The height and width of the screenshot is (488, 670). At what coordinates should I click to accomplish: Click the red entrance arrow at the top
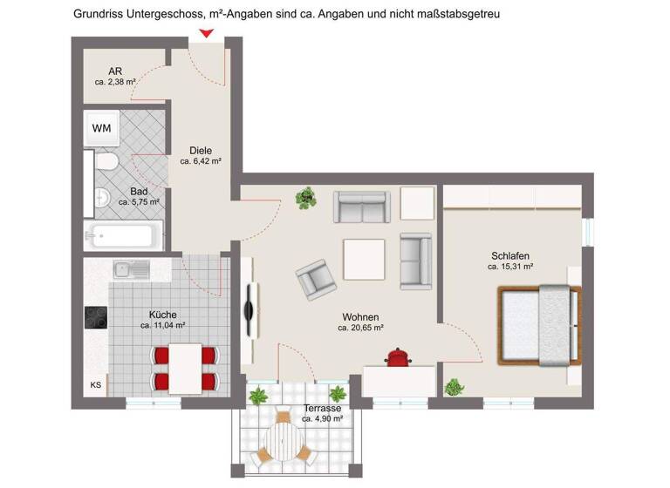(x=206, y=34)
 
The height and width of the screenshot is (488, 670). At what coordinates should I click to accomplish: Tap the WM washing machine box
(x=102, y=129)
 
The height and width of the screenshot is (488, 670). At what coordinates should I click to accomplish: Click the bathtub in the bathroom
(x=123, y=235)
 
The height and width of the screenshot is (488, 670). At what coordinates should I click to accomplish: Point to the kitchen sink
(x=131, y=269)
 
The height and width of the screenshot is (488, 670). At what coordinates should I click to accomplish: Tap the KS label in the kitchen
(x=95, y=384)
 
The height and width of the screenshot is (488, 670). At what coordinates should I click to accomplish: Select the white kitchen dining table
(x=185, y=367)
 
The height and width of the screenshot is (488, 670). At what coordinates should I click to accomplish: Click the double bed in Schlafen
(x=538, y=325)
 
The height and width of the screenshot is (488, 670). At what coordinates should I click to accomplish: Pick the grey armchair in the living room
(x=314, y=279)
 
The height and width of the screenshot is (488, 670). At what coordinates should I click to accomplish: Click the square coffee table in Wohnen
(x=366, y=260)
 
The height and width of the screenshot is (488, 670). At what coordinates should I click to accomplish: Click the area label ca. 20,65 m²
(x=361, y=329)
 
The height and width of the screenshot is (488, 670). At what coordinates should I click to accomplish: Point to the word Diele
(x=201, y=150)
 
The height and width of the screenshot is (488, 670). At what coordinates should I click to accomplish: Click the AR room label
(x=115, y=71)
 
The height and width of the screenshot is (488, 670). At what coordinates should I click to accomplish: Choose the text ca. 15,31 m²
(x=510, y=267)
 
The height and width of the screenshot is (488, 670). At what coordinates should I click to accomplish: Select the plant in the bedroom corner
(x=454, y=387)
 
